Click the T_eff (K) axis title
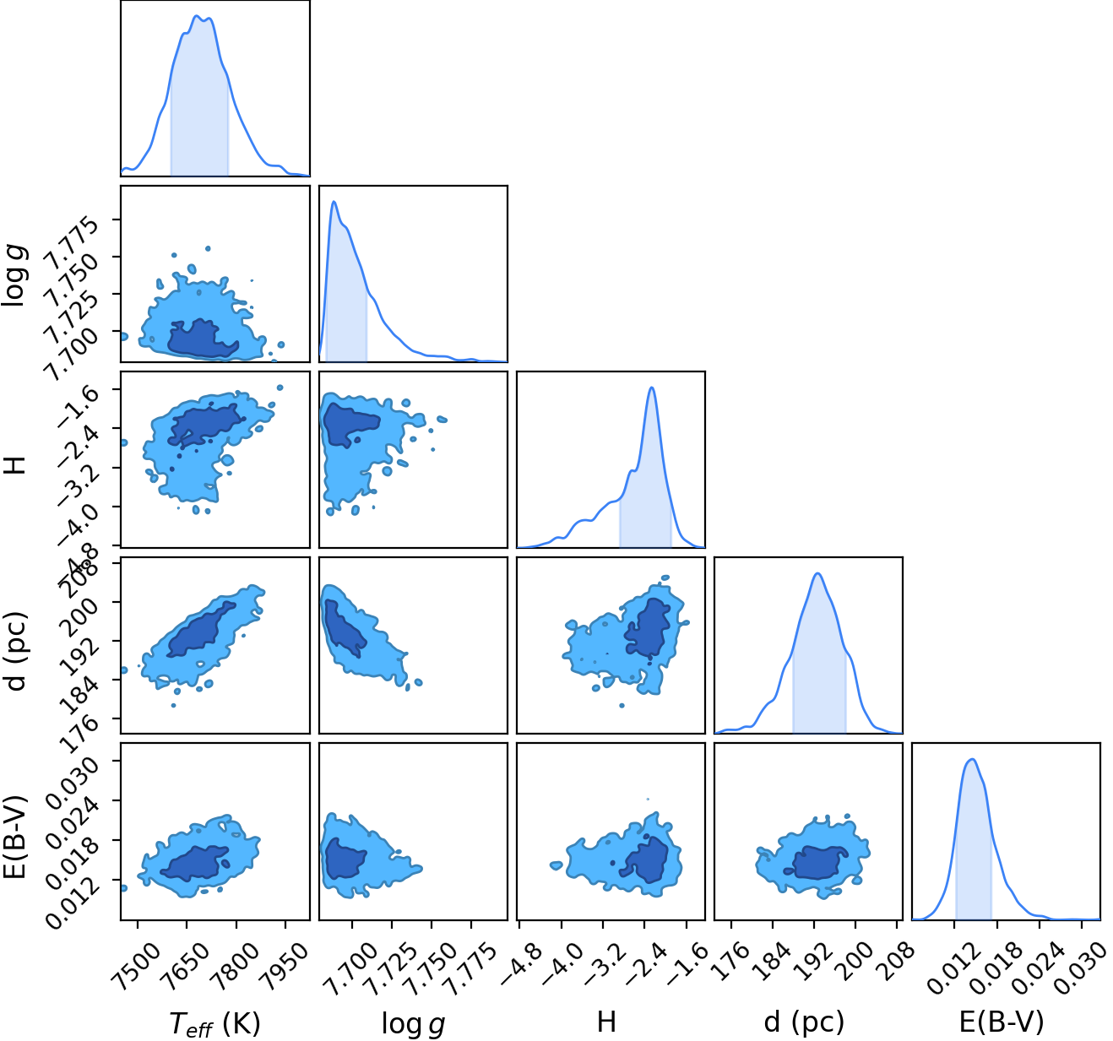coord(214,1022)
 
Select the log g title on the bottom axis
coord(413,1023)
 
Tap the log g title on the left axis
coord(14,275)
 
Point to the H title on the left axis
coord(15,464)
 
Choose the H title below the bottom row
coord(607,1022)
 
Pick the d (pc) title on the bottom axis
coord(804,1022)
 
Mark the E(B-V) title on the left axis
coord(15,836)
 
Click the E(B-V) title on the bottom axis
coord(1002,1022)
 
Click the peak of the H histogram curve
coord(651,387)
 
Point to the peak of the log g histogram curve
coord(334,201)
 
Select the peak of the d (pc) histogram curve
coord(818,573)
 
